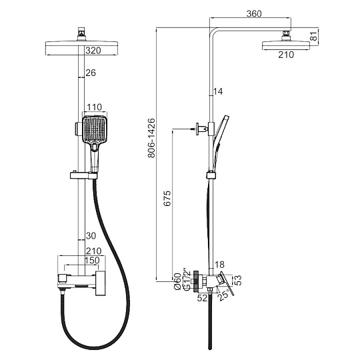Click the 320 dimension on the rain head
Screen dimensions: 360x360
(93, 51)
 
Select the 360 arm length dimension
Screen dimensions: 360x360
(254, 14)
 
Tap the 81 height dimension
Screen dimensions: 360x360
(314, 36)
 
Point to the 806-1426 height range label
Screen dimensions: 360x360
(151, 138)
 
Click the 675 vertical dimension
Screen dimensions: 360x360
(167, 198)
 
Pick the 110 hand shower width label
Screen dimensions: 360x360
(95, 107)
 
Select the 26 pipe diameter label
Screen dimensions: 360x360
(91, 73)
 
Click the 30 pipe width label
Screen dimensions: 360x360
(91, 235)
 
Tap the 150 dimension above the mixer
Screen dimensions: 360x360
(92, 261)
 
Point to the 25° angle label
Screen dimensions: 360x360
(224, 295)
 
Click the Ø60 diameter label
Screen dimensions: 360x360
(178, 281)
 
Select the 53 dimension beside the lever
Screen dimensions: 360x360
(239, 280)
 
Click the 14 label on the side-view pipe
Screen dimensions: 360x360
(218, 91)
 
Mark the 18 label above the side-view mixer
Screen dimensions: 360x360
(220, 265)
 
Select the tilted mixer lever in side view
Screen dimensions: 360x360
(226, 283)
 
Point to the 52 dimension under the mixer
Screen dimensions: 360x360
(202, 298)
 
